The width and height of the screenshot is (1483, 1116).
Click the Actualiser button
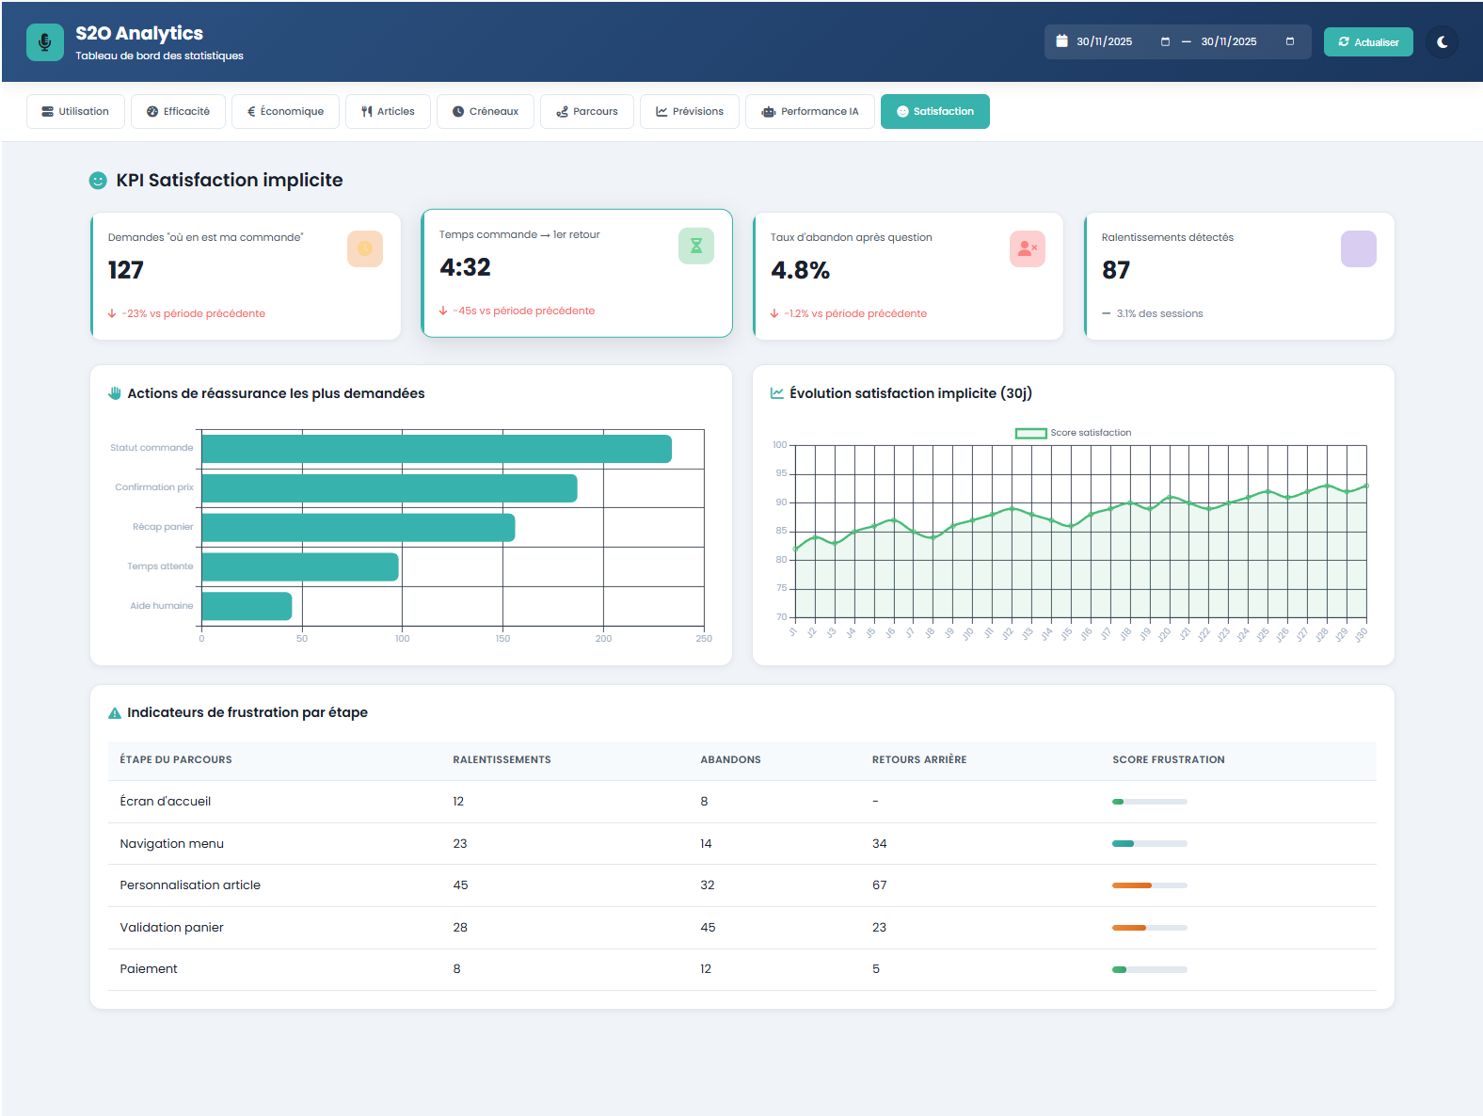tap(1367, 42)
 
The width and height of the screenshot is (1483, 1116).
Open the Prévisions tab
tap(689, 111)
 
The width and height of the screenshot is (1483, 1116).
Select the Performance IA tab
tap(809, 111)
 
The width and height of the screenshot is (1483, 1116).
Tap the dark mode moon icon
tap(1442, 42)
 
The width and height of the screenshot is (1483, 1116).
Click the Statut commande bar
tap(436, 449)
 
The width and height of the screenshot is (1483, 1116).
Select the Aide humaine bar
tap(247, 606)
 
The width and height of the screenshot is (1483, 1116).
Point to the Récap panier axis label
tap(163, 527)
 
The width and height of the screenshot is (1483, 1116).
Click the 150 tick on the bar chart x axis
tap(502, 639)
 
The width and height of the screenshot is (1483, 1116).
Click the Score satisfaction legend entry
tap(1073, 433)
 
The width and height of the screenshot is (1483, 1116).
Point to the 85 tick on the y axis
tap(781, 531)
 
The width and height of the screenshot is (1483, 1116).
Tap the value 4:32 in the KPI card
tap(465, 267)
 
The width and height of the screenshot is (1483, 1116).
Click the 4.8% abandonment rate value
tap(800, 271)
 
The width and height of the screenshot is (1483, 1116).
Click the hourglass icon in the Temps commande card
tap(696, 246)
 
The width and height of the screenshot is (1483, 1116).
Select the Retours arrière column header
tap(918, 759)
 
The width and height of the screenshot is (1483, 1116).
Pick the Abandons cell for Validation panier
tap(708, 928)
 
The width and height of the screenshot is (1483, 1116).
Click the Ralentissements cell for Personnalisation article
tap(460, 885)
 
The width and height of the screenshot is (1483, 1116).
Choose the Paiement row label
tap(149, 969)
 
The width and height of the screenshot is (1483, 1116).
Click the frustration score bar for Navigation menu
tap(1149, 844)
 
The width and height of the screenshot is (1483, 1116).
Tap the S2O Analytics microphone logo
tap(44, 42)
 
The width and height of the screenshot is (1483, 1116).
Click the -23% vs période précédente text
tap(193, 314)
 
